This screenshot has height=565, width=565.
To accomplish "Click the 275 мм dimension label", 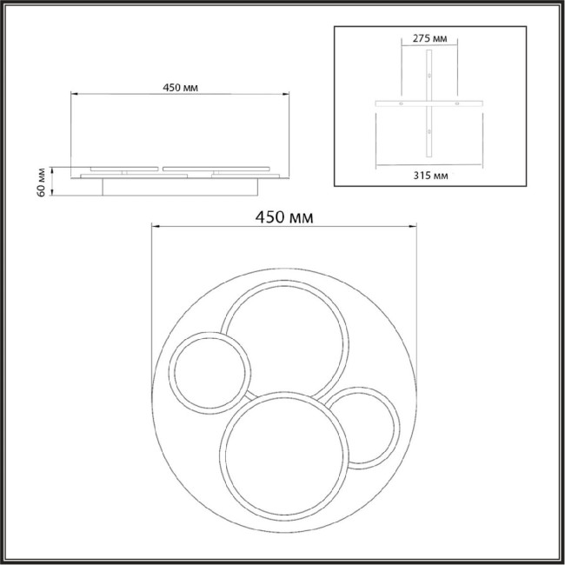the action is point(429,38).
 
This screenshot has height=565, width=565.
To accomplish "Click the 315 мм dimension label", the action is point(430,176).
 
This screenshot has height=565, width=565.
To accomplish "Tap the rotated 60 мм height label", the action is point(42,183).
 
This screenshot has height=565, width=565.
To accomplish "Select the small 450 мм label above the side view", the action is point(180,88).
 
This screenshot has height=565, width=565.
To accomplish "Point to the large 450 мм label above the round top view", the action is point(284,217).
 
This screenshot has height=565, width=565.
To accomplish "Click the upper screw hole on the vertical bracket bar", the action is point(429,76).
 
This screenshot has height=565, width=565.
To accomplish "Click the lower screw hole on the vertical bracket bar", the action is point(429,131).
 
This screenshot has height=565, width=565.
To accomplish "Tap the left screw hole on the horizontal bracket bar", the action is point(401,103).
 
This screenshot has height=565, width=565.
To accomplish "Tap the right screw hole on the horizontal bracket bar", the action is point(457,103).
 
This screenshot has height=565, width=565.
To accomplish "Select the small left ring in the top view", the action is point(171,373).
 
